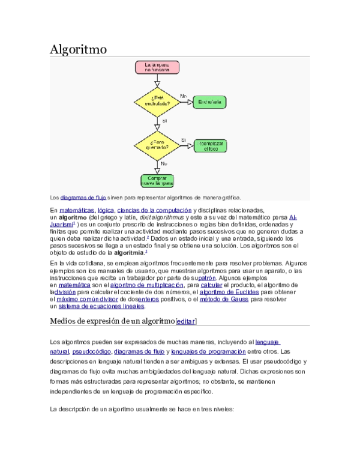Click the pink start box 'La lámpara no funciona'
[157, 67]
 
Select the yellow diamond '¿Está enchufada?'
[157, 101]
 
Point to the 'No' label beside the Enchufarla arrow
[183, 95]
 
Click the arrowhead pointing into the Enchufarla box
[190, 102]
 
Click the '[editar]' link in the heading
[186, 322]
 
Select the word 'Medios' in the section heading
[62, 322]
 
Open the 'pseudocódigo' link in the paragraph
[91, 351]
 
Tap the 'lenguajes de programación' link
[208, 351]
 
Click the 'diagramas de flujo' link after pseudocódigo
[139, 351]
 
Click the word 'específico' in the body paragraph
[195, 391]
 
